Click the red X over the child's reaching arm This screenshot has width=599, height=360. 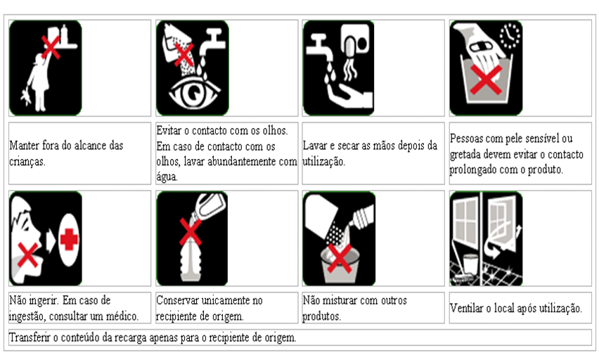coord(51,47)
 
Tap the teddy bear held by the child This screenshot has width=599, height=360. coord(25,97)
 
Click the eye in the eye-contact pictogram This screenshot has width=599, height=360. coord(195,93)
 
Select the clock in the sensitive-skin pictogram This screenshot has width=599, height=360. coord(510,36)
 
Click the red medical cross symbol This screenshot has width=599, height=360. coord(69,240)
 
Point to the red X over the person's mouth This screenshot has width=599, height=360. coord(28,255)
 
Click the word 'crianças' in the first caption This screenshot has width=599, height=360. coord(27,162)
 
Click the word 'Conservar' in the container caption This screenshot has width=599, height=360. coord(179,300)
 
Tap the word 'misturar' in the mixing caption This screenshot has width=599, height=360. coord(342,300)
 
